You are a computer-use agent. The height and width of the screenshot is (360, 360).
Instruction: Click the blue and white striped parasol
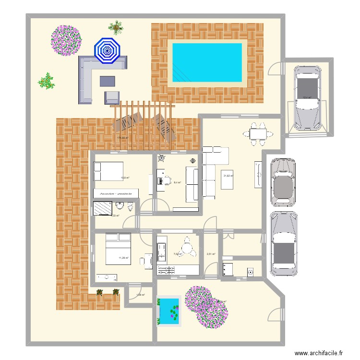pos(107,50)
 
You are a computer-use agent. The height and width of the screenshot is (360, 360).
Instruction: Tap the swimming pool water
pos(207,62)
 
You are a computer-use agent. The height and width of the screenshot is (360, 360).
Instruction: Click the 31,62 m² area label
pos(228,176)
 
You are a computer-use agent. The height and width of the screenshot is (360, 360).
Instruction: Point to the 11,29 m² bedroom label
pos(124,258)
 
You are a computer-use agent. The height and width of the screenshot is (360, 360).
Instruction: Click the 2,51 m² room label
pos(210,254)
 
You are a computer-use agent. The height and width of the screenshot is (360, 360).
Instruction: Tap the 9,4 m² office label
pos(177,182)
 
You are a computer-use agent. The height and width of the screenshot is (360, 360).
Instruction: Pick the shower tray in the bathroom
pos(102,208)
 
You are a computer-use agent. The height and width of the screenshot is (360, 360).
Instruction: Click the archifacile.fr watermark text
pos(318,353)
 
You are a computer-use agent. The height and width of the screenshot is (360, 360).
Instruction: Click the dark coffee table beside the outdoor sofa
pos(108,81)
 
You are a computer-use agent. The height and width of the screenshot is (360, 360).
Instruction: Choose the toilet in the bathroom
pos(129,207)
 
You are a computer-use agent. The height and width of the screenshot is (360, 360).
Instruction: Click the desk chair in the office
pos(167,180)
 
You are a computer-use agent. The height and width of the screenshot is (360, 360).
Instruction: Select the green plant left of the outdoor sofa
pos(46,81)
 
